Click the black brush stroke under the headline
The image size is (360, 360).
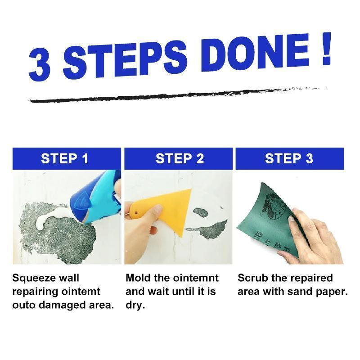click(x=175, y=94)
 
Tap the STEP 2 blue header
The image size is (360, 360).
click(x=180, y=159)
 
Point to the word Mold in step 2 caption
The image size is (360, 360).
click(x=137, y=278)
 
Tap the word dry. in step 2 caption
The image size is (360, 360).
click(x=134, y=305)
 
